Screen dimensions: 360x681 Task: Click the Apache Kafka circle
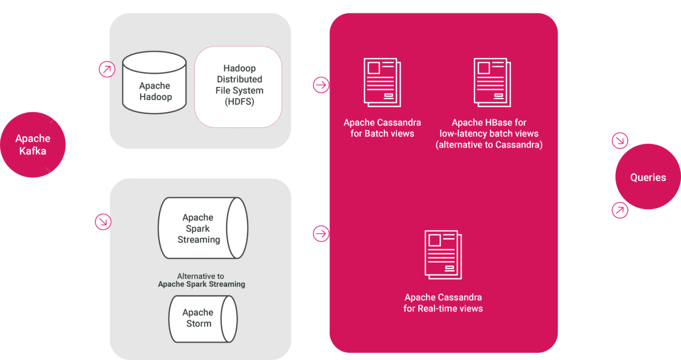click(33, 145)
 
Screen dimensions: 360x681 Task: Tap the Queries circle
click(647, 177)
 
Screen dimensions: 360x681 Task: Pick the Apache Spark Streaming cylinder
click(203, 228)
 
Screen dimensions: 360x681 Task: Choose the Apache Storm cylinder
click(203, 319)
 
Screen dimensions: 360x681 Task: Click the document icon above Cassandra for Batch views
click(382, 82)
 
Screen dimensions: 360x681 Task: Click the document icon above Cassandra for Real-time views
click(443, 255)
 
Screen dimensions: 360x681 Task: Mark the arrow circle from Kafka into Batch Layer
click(107, 70)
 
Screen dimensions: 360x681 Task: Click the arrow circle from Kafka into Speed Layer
click(103, 221)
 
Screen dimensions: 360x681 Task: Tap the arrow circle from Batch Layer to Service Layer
click(321, 85)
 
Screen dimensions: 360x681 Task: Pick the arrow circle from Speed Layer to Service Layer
click(321, 234)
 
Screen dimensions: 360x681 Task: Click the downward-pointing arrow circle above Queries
click(620, 140)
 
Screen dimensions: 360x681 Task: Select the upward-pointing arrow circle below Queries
click(620, 211)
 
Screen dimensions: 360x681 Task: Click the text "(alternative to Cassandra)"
click(489, 145)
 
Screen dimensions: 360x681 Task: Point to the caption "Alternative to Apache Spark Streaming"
click(201, 280)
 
